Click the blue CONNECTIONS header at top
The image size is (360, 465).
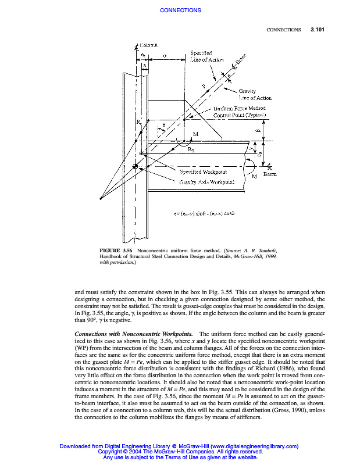(180, 10)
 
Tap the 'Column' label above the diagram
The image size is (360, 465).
(148, 44)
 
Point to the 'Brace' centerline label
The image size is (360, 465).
(241, 60)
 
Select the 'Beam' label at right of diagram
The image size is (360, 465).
(270, 174)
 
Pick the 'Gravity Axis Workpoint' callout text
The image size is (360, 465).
(206, 182)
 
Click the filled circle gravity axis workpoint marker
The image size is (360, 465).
(136, 167)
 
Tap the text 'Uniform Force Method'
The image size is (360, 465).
(240, 108)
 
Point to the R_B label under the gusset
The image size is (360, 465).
(191, 149)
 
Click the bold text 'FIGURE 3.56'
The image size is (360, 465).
(116, 250)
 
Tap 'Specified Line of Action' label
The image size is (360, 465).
(205, 56)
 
